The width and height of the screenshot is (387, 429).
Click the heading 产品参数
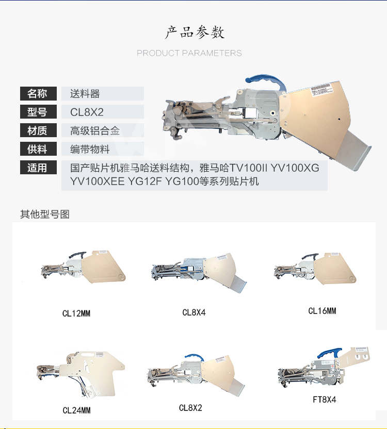point(195,32)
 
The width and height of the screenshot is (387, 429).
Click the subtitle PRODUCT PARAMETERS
point(189,53)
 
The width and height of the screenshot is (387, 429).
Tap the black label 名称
point(38,93)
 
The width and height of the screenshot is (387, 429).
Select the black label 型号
point(38,112)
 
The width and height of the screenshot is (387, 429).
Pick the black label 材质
point(38,130)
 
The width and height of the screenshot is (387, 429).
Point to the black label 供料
point(38,149)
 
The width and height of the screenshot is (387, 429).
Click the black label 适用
point(38,168)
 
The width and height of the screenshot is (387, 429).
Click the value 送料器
point(85,94)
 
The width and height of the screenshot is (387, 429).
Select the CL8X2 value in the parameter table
point(87,112)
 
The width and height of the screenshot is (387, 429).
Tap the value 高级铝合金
point(95,131)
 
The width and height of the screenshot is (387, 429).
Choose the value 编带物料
point(90,150)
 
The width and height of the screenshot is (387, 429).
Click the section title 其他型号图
point(45,214)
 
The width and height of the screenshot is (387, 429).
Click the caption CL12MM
point(76,313)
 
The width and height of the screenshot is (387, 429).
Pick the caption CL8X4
point(194,312)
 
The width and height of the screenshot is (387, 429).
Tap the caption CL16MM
point(322,311)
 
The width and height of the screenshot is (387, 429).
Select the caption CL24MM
point(76,410)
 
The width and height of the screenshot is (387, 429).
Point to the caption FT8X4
point(324,400)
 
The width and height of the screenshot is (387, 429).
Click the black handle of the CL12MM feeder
point(77,255)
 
